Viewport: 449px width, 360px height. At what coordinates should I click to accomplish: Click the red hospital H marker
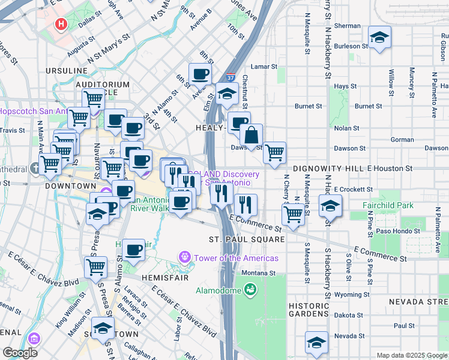click(61, 25)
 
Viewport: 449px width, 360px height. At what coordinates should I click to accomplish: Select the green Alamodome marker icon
click(250, 291)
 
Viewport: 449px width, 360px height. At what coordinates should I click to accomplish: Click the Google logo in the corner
click(20, 353)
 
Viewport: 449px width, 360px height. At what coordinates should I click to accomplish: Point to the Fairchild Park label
click(388, 205)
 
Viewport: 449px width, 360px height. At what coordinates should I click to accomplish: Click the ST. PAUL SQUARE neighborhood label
click(246, 239)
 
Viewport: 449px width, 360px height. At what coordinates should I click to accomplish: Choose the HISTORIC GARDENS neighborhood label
click(309, 310)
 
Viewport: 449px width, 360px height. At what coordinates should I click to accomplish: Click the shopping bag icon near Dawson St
click(252, 134)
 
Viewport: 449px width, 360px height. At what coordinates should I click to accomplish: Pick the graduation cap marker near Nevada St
click(316, 343)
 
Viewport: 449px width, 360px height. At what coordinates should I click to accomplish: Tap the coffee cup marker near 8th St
click(200, 74)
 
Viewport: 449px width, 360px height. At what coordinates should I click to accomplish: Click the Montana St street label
click(258, 273)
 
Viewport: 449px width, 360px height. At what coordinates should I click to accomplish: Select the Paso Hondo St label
click(399, 231)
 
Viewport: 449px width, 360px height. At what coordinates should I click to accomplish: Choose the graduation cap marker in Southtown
click(103, 328)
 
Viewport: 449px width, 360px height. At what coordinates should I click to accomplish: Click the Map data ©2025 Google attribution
click(411, 355)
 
